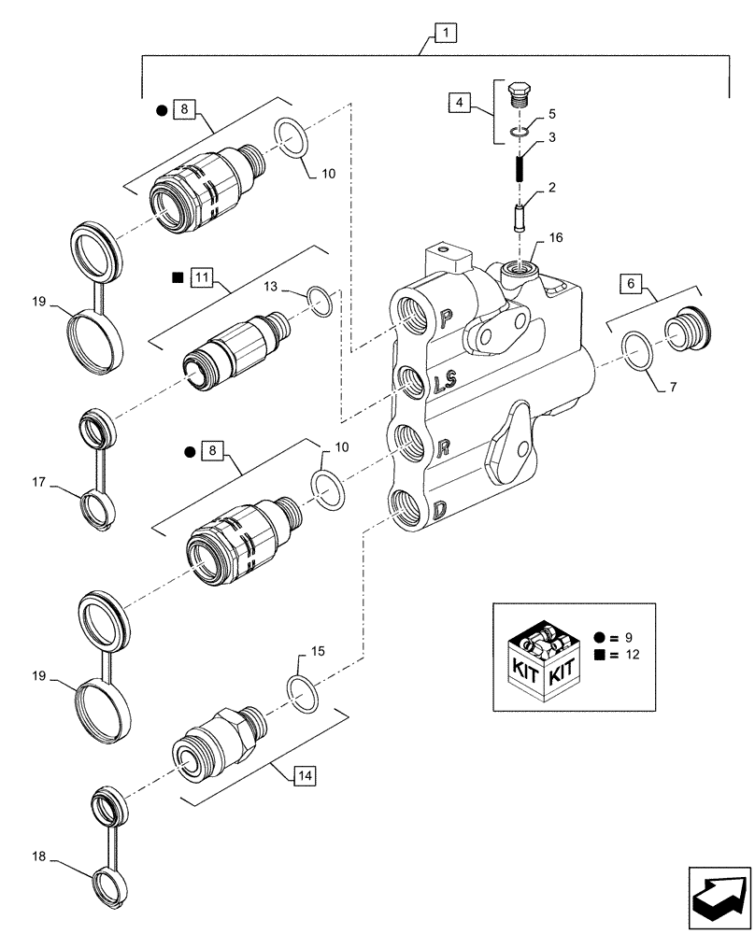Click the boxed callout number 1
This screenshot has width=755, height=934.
[445, 35]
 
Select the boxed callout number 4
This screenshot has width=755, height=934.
[459, 102]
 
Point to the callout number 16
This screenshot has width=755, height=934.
[556, 239]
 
